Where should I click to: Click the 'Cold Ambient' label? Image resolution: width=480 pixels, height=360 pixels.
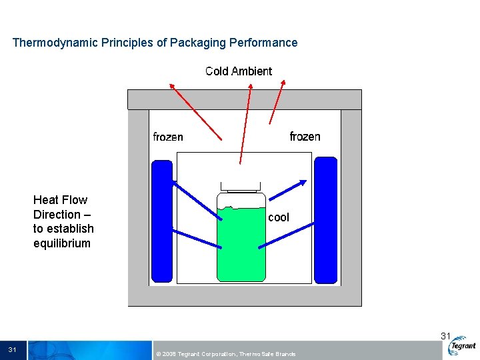239,71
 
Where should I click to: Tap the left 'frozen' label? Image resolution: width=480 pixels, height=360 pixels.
168,137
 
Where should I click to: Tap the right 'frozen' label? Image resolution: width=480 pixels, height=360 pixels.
305,137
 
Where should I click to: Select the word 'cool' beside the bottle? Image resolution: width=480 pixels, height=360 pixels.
279,217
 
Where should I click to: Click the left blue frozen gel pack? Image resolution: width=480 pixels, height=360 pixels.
162,220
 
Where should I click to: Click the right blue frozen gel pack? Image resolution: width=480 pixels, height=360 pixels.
325,220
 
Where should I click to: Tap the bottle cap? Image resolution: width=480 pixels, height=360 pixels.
241,186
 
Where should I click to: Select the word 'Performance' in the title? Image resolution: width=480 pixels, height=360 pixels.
263,43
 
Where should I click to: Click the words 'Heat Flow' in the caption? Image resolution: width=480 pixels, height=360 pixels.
60,200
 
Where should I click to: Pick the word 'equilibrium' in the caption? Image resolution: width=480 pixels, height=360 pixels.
62,243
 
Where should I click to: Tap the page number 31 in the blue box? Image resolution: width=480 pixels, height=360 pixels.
13,350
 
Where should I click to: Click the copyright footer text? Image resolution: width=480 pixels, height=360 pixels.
225,353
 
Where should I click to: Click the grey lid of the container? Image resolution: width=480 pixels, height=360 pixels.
244,99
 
